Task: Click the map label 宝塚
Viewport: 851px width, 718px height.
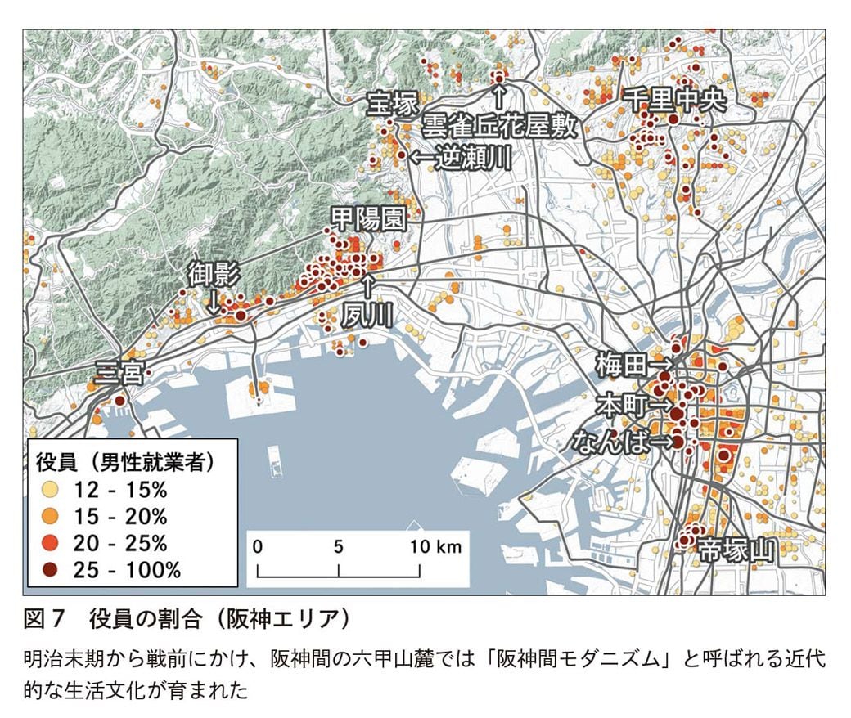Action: coord(392,105)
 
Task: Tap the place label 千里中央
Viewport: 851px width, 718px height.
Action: coord(674,100)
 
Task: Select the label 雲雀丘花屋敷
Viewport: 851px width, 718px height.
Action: coord(499,126)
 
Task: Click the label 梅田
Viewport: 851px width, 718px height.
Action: coord(621,365)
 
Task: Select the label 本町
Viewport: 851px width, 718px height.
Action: coord(621,404)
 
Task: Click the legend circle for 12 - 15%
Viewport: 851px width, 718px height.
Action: coord(52,491)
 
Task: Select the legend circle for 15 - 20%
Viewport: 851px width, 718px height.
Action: coord(52,517)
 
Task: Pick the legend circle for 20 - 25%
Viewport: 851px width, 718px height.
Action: coord(52,543)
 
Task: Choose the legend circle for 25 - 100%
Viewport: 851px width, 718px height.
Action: coord(52,569)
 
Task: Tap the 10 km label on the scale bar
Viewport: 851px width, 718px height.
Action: coord(435,546)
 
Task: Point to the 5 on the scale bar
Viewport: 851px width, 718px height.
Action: coord(338,546)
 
